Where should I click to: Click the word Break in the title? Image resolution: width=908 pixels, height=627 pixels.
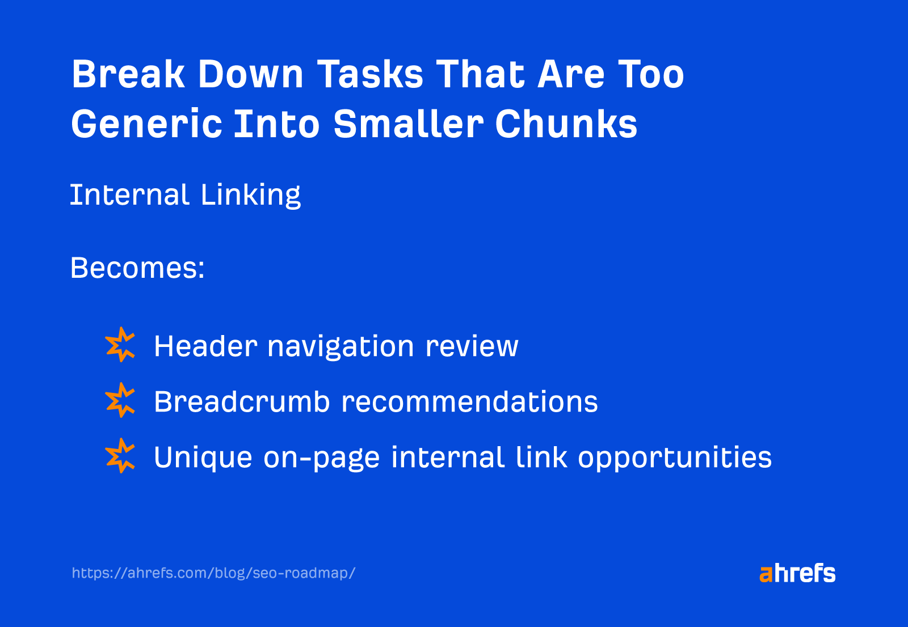(128, 74)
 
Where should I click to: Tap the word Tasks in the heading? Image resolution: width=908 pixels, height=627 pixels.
(370, 74)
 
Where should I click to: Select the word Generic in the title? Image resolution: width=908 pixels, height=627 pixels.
(146, 124)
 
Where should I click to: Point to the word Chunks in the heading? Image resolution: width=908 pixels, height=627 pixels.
(566, 124)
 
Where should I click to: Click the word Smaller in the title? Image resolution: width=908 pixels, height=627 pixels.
(408, 124)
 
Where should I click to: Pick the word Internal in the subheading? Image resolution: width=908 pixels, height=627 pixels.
(129, 195)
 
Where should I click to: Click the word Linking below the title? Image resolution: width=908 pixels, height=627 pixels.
(250, 196)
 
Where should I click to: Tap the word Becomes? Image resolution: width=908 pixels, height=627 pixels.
(137, 268)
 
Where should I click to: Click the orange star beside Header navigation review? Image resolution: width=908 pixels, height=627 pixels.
(120, 345)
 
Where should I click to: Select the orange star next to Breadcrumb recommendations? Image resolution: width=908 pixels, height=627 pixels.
(120, 400)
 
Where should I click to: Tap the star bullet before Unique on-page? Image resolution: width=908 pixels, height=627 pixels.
(120, 456)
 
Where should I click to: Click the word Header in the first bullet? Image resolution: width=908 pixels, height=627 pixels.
(205, 346)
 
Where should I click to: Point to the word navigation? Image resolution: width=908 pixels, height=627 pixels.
(340, 347)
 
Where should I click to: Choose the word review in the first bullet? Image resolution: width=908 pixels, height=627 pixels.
(472, 347)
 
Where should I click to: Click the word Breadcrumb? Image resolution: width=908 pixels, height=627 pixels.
(242, 401)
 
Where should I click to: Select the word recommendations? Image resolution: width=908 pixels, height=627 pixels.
(469, 401)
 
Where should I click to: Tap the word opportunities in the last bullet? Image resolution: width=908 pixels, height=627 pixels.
(675, 458)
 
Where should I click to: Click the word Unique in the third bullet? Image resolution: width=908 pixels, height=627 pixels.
(203, 458)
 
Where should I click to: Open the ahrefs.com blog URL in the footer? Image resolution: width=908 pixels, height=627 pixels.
(213, 573)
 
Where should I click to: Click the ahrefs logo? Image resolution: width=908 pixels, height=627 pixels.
(797, 573)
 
